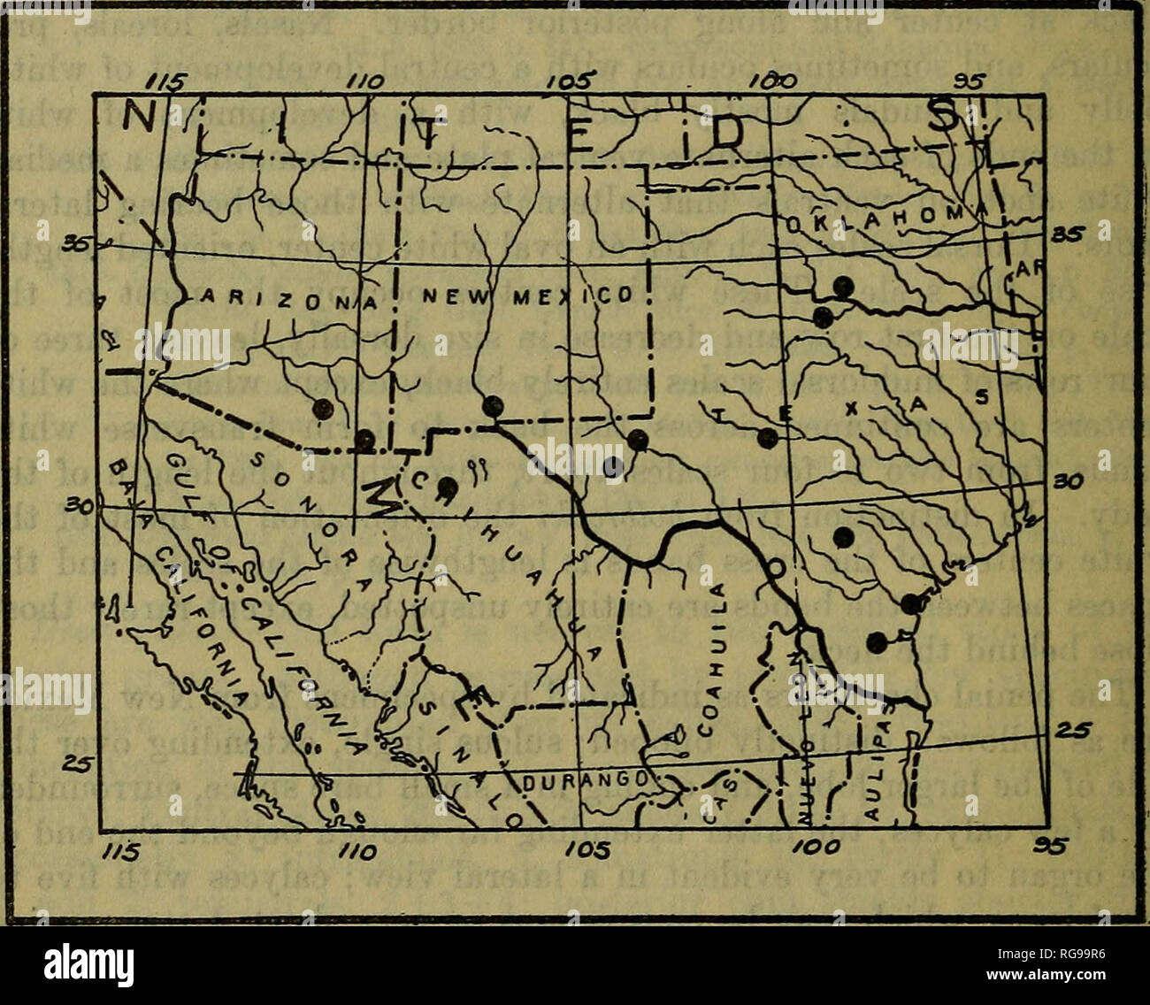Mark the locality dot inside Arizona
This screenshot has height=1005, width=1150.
click(323, 408)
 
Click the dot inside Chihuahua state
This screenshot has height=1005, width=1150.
click(448, 486)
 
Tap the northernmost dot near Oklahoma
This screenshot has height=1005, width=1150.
click(844, 286)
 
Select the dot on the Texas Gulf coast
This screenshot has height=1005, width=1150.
click(912, 603)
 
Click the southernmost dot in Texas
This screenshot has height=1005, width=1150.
click(877, 642)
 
